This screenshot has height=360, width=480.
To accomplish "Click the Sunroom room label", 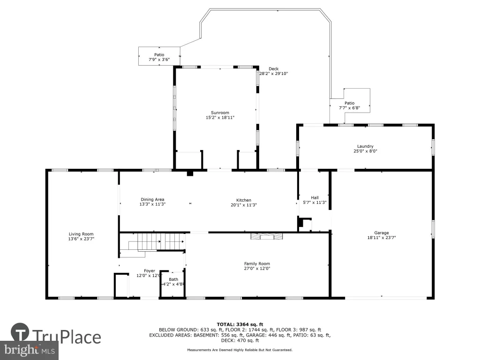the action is tap(220, 112).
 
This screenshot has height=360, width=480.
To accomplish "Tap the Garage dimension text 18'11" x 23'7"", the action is tap(382, 238).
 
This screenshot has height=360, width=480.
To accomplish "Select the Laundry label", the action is tap(365, 146).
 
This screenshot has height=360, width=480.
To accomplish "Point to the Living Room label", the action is tap(81, 234).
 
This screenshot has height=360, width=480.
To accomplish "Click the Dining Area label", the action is tap(152, 200).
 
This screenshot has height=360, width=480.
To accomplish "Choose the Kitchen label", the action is tap(244, 200).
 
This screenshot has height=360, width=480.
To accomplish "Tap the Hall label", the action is tap(315, 198).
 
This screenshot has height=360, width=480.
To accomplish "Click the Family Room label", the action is tap(257, 263).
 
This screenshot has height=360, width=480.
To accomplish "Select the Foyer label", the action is tap(150, 271).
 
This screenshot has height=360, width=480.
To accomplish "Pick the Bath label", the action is tap(173, 279).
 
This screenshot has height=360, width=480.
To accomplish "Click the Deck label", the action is tap(274, 69).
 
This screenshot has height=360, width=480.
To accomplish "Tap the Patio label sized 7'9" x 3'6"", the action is tap(159, 55).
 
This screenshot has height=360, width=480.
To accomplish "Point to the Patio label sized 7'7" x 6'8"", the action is tap(350, 103).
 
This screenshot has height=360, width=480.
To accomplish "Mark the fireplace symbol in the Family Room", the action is tap(267, 236).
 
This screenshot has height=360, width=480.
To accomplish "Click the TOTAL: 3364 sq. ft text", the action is tap(240, 324).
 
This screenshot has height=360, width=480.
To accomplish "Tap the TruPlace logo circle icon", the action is tap(20, 332).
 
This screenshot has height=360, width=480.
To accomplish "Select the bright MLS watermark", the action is tap(30, 350).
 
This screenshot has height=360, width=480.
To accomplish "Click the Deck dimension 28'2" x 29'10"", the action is tap(274, 74).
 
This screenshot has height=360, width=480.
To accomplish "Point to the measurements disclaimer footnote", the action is tap(240, 350).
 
